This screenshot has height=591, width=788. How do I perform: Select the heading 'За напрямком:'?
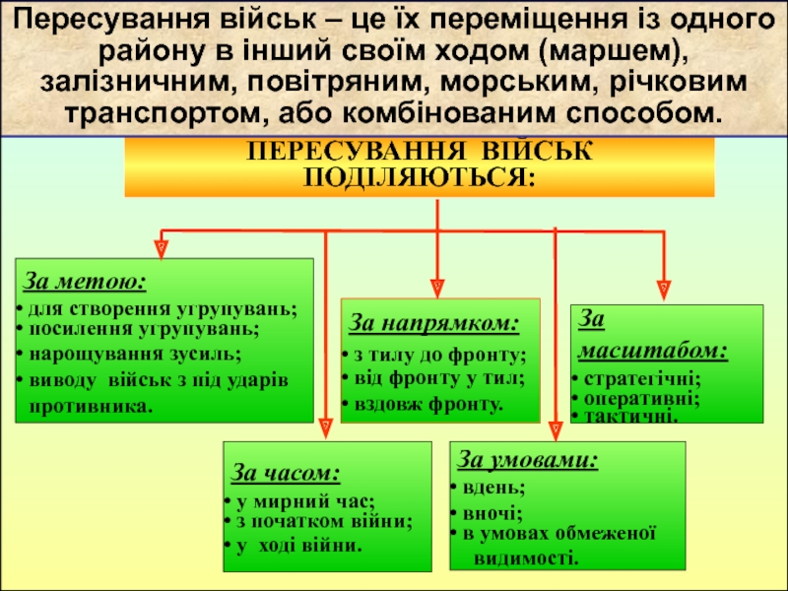[434, 323]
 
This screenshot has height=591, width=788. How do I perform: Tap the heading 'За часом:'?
[286, 473]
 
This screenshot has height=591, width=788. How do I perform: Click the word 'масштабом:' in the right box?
[652, 349]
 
